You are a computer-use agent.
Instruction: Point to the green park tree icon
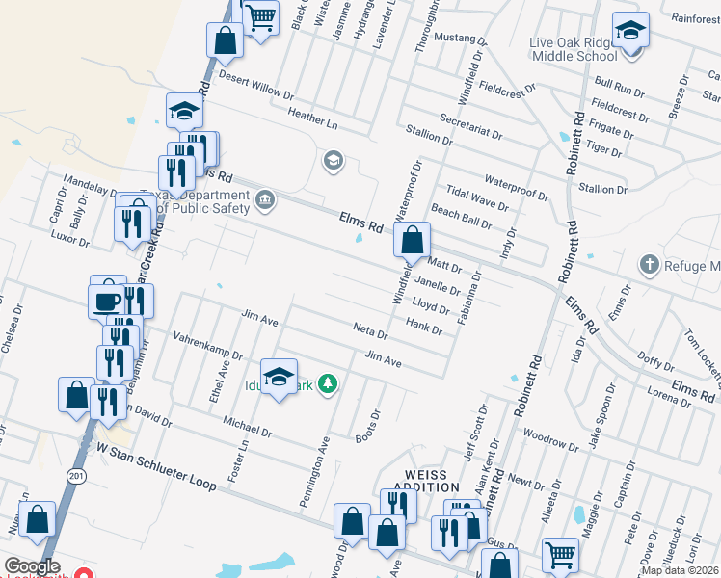(x=329, y=384)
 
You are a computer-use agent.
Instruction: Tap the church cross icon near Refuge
(x=650, y=264)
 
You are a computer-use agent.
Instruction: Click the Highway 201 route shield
(x=77, y=476)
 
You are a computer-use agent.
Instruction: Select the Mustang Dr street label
(x=461, y=39)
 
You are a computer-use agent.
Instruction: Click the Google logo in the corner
(x=32, y=566)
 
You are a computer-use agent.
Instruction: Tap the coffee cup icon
(x=106, y=300)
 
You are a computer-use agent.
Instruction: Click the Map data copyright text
(x=681, y=570)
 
